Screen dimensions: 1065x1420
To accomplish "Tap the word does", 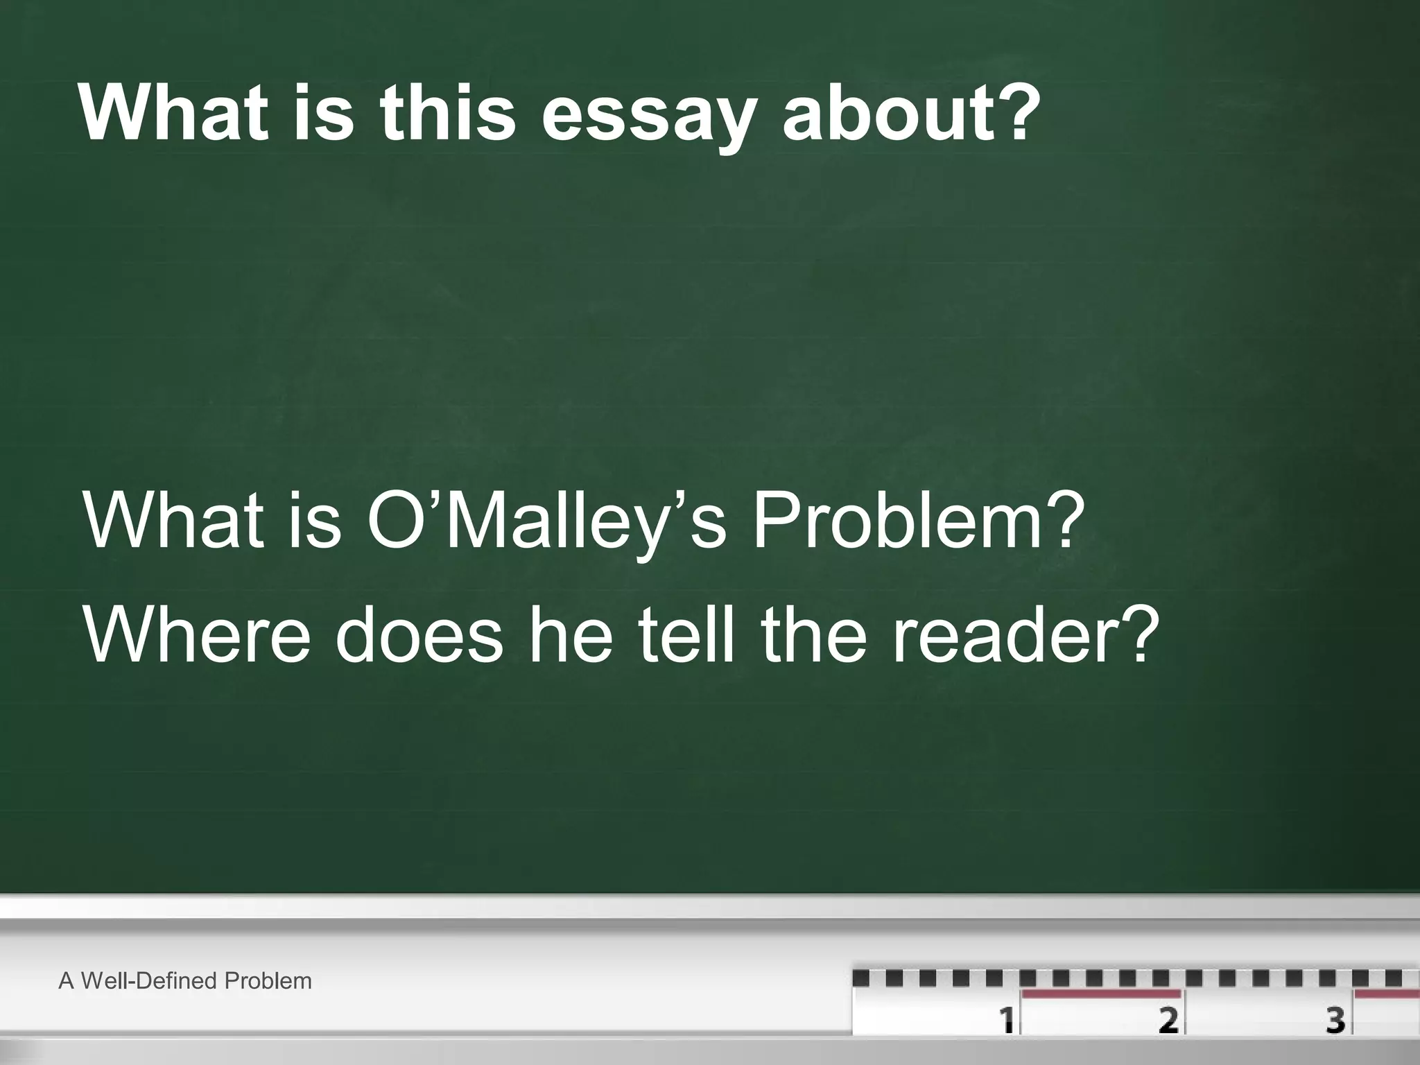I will click(419, 633).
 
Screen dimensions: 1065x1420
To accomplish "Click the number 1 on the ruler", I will click(1007, 1020).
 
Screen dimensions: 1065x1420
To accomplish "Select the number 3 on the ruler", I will click(1335, 1020).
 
